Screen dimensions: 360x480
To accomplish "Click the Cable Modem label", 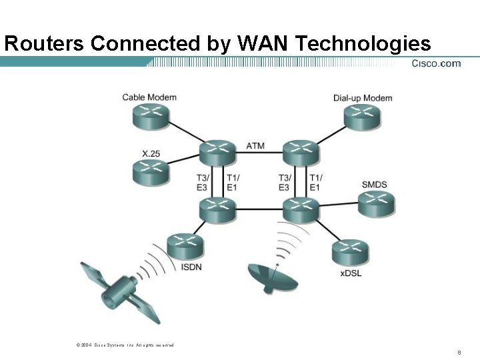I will click(149, 97).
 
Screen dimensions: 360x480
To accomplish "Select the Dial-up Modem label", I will click(363, 98).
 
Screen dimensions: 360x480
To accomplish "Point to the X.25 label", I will click(151, 153).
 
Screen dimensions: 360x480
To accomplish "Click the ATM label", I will click(255, 145).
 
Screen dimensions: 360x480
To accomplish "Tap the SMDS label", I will click(374, 184).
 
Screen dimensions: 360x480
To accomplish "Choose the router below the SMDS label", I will click(377, 204).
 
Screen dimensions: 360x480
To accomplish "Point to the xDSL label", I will click(350, 273).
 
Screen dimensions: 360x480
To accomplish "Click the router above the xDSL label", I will click(349, 252).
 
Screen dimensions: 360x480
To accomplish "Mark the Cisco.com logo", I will click(436, 63).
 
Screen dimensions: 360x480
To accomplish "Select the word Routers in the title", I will click(44, 44).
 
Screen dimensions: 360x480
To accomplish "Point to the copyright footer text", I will click(125, 345).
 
